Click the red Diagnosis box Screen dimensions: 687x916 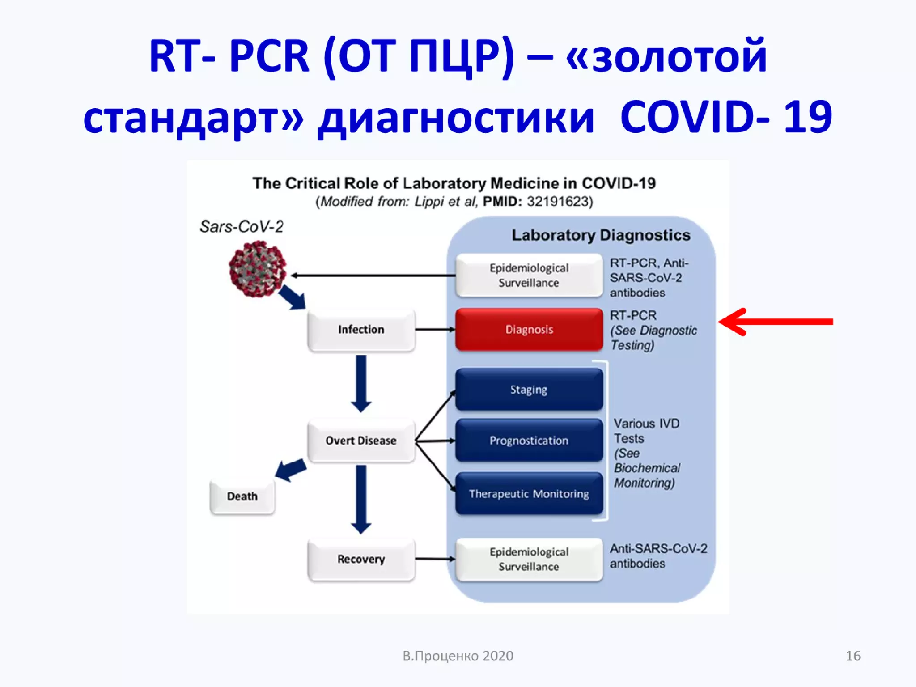529,329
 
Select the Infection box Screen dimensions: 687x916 361,330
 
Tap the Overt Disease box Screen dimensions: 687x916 361,441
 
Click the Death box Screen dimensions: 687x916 242,496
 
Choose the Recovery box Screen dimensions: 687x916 361,559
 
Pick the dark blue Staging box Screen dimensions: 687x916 529,390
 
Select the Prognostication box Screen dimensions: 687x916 529,441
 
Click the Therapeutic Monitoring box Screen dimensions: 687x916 529,494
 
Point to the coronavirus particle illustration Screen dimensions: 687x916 257,269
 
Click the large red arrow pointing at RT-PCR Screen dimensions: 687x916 776,322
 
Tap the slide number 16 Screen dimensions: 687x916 853,656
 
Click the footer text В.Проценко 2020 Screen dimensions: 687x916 458,656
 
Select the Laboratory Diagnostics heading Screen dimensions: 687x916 601,235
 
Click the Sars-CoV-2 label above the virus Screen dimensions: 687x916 242,227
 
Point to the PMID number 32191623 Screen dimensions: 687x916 559,202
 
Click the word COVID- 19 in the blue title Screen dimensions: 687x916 725,117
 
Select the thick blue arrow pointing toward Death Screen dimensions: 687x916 291,470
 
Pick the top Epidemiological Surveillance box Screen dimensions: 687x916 529,276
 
